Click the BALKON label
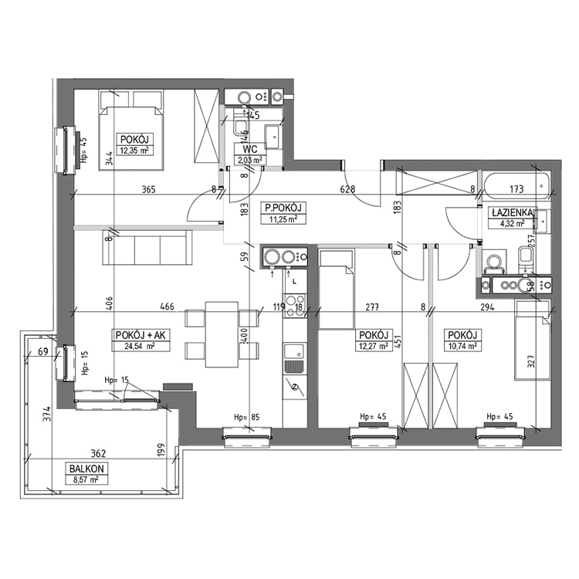coord(86,469)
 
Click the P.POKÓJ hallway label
coord(282,207)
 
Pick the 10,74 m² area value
coord(463,346)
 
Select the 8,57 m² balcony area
coord(86,479)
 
